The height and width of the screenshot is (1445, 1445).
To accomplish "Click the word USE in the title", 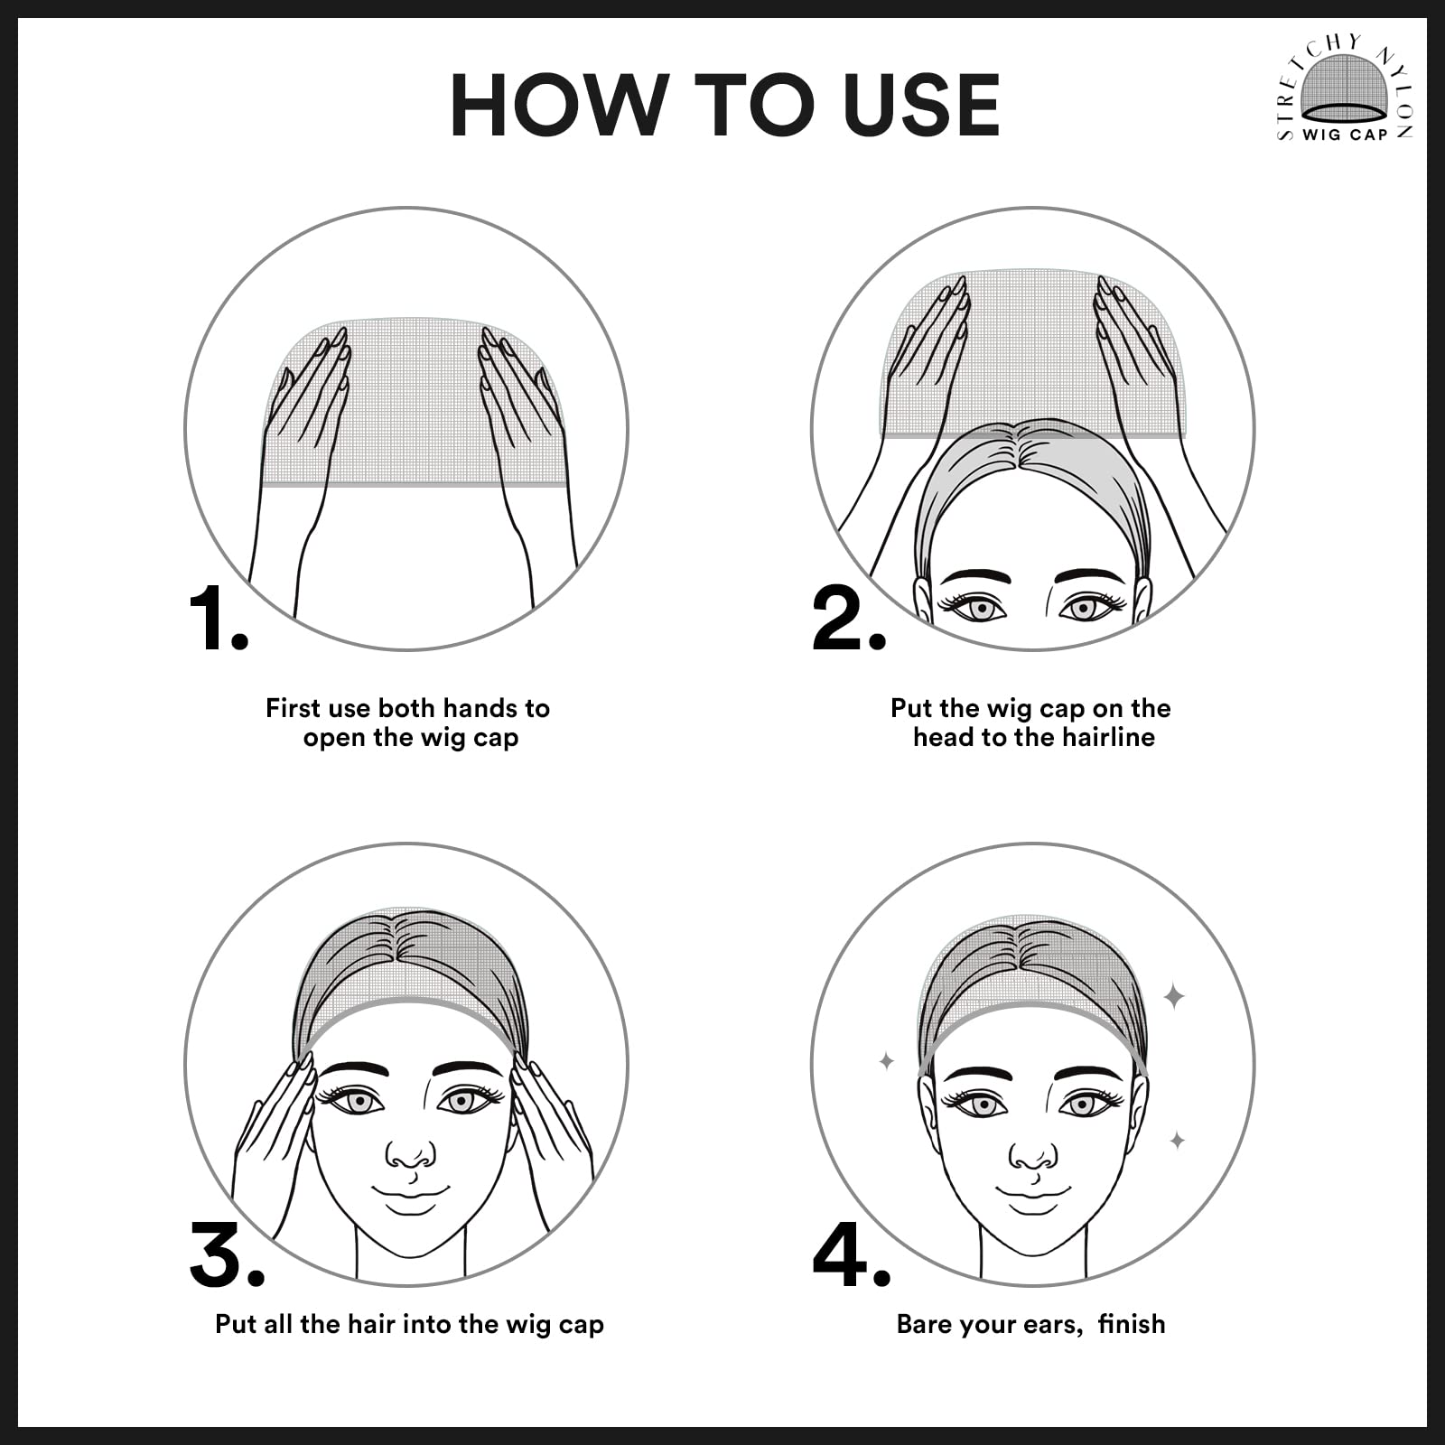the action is pyautogui.click(x=921, y=106).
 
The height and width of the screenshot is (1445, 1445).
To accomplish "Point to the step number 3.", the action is pyautogui.click(x=228, y=1254).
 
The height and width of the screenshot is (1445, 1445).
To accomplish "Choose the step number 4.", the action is pyautogui.click(x=852, y=1254).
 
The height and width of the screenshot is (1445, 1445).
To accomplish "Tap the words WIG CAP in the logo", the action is pyautogui.click(x=1345, y=135).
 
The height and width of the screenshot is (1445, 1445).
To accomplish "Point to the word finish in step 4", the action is pyautogui.click(x=1132, y=1324).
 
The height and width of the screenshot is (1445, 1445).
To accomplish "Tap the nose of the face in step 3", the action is pyautogui.click(x=410, y=1156).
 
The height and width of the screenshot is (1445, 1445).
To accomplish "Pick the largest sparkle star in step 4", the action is pyautogui.click(x=1174, y=997).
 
